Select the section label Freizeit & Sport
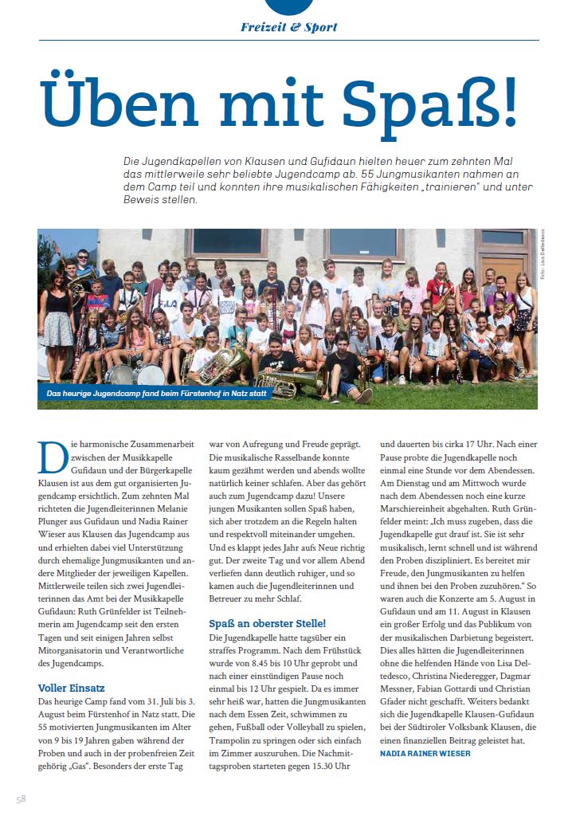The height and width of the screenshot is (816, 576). click(289, 27)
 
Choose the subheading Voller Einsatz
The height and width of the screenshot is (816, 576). click(72, 687)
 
